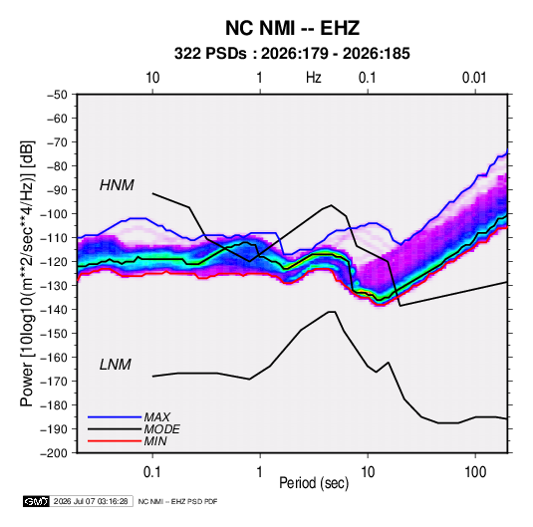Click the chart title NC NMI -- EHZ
point(292,28)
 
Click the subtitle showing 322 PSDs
point(292,54)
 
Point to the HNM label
point(117,185)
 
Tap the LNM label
point(116,365)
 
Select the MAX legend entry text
point(156,417)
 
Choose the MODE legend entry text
point(161,429)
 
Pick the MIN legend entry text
point(155,441)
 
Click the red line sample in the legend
point(115,441)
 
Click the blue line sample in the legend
point(115,417)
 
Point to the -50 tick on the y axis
point(57,95)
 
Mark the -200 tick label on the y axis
point(54,453)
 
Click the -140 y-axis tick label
point(54,310)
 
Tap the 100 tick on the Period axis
point(475,472)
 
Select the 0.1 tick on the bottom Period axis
point(152,472)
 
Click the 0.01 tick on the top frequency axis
point(474,78)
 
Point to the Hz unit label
point(314,78)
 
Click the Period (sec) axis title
point(314,483)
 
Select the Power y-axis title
point(27,274)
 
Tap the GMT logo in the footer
point(36,501)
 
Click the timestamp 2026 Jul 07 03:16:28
point(91,501)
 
